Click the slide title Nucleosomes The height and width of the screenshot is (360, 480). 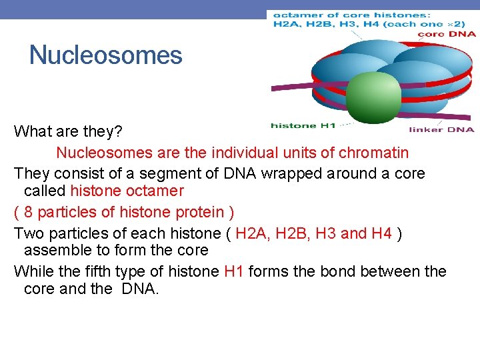(x=105, y=55)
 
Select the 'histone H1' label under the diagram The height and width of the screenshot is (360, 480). (x=303, y=125)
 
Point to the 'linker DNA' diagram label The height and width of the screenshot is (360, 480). (x=441, y=129)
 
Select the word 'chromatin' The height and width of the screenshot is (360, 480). (x=373, y=153)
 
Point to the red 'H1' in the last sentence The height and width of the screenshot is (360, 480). (x=234, y=271)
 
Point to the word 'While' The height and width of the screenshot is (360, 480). (x=31, y=271)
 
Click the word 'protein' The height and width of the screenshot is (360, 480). (x=199, y=212)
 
